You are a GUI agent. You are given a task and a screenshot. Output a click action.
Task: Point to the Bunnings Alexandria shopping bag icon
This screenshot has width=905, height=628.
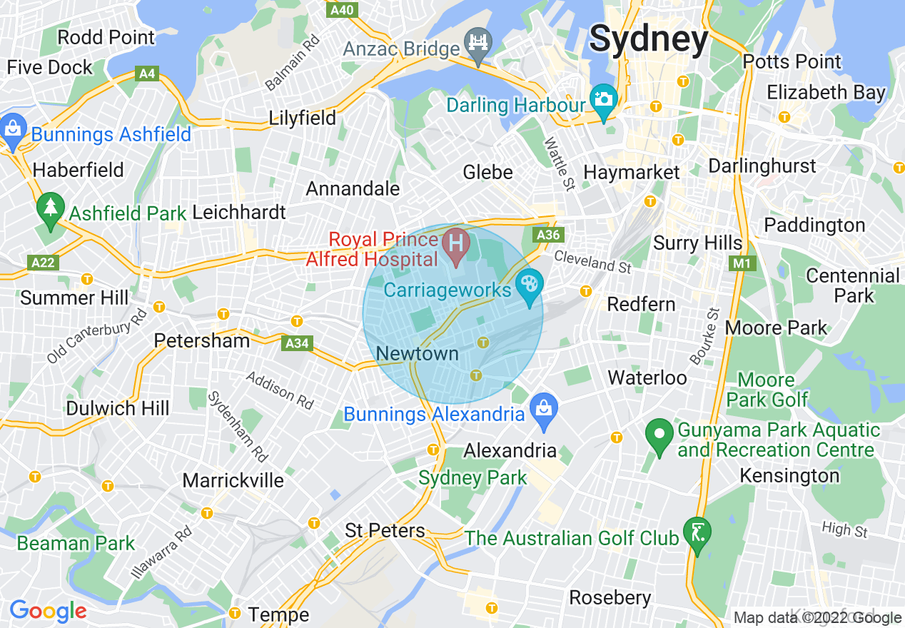coord(544,410)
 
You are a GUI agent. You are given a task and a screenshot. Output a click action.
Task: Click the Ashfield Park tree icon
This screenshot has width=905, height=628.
coord(50,208)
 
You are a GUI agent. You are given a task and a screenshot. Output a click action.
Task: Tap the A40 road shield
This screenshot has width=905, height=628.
coord(342,10)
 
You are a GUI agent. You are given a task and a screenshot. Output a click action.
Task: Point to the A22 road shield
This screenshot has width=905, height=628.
coord(43,263)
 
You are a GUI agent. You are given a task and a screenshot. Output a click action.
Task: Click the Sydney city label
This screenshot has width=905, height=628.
coord(649,39)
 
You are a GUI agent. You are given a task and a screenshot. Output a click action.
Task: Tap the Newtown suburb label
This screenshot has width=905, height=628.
coord(417,353)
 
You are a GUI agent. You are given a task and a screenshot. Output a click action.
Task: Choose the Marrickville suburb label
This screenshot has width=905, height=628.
coord(233,480)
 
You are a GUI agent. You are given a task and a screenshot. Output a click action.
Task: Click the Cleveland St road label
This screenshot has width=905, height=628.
coord(592,260)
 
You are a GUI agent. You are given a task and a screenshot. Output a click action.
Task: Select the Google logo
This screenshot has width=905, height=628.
coord(48,611)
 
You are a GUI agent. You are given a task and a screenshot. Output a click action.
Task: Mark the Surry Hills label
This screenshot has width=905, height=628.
coord(697,243)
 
